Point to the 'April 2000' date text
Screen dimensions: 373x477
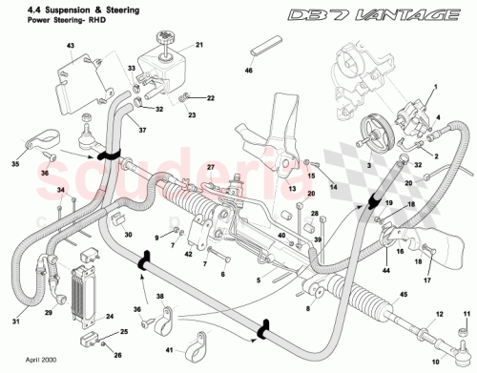tap(29, 363)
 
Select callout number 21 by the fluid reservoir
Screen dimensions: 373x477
tap(199, 45)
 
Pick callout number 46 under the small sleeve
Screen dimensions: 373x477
tap(250, 71)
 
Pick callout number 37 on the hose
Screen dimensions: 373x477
tap(141, 130)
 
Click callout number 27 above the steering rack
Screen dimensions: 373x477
tap(211, 167)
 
